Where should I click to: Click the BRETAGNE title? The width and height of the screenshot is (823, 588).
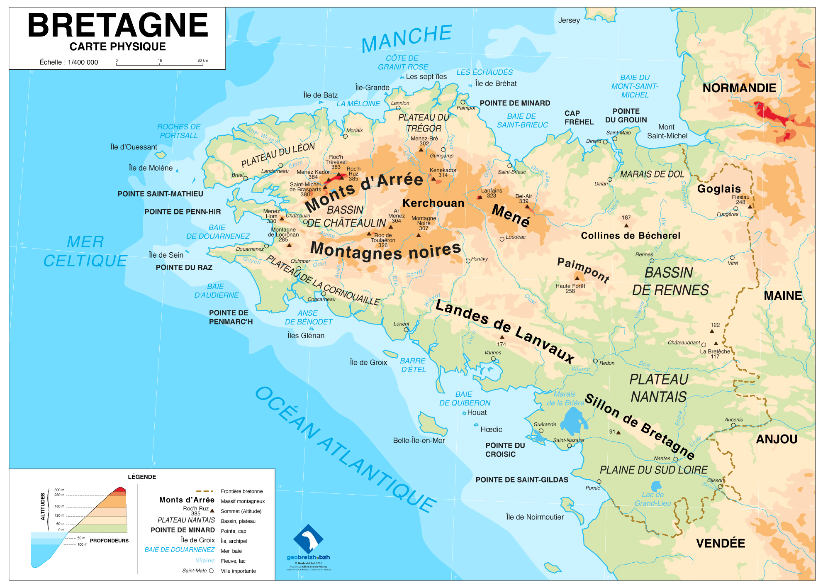coord(118,26)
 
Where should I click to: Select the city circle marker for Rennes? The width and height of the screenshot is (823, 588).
coord(652,261)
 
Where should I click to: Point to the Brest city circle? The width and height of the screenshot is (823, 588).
coord(246,178)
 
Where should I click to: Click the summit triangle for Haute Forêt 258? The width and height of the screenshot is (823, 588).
coord(577,278)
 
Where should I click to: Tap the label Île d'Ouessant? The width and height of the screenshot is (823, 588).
coord(134,147)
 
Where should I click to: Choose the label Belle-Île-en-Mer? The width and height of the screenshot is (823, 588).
coord(419,440)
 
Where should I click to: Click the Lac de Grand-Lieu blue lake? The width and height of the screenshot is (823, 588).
coord(656,486)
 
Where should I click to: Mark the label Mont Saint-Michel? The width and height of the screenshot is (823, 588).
coord(667,132)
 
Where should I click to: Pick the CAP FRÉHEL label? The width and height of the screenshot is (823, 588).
coord(579,117)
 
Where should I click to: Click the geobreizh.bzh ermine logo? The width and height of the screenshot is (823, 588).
coord(308,539)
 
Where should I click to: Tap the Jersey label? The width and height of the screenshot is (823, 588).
coord(569,20)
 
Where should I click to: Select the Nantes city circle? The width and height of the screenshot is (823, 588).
coord(676,459)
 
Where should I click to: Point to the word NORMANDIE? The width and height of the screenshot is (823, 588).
coord(739,88)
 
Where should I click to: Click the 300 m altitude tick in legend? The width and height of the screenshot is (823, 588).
coord(60,490)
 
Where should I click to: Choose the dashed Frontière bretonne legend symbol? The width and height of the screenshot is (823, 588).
coord(205,491)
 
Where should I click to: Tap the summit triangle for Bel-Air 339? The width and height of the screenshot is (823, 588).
coord(527,206)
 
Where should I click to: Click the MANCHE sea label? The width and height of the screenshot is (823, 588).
coord(407,38)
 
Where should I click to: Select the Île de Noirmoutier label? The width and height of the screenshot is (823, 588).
coord(535,517)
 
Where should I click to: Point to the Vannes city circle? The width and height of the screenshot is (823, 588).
coord(493,359)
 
